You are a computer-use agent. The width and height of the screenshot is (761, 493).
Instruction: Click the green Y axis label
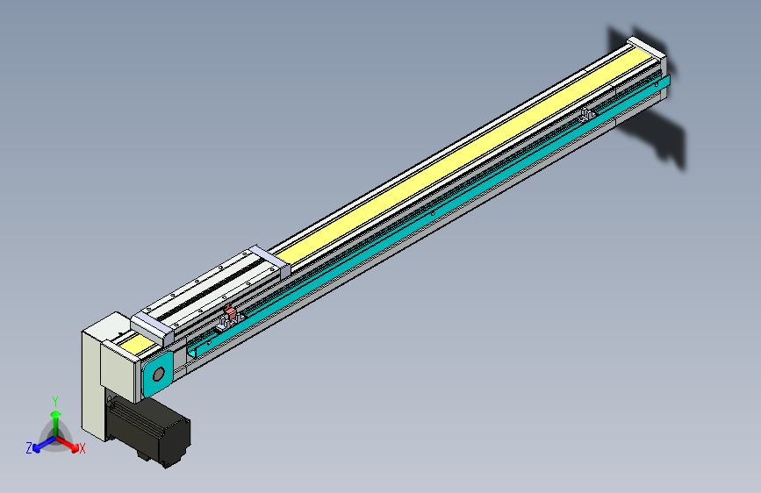55,400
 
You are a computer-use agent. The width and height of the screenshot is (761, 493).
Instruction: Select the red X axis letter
83,448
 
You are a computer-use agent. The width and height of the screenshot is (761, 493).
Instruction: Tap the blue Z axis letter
29,447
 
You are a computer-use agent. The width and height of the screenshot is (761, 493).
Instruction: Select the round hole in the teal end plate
158,375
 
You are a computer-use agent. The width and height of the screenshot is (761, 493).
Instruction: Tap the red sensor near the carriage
231,313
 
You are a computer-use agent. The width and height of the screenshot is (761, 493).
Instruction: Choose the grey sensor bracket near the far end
586,113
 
